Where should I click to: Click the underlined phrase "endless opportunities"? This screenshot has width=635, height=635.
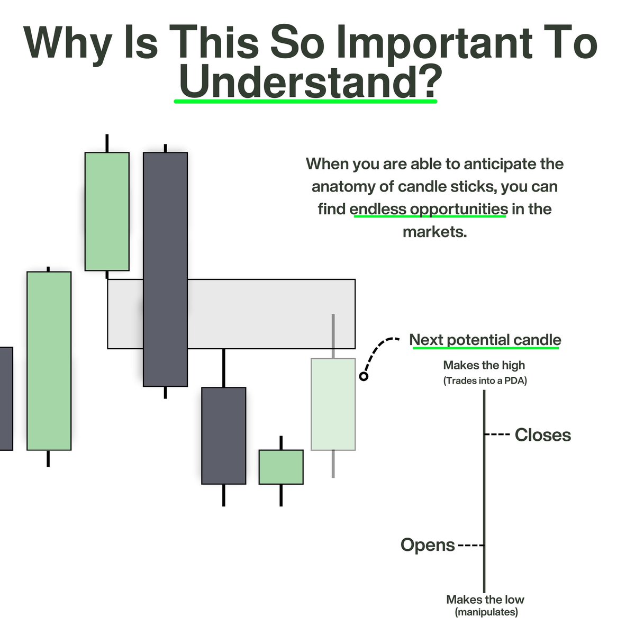[x=429, y=209]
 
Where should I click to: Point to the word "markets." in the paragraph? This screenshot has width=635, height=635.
[x=434, y=232]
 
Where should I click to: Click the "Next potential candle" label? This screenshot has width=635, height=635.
[x=485, y=340]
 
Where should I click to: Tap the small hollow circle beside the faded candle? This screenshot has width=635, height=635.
[x=364, y=376]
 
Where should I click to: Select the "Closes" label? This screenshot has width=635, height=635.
[x=543, y=435]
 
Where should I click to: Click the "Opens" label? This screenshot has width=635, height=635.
[x=428, y=545]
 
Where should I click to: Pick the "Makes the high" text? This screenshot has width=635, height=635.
[x=484, y=365]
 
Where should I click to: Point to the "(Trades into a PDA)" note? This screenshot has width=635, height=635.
[x=485, y=380]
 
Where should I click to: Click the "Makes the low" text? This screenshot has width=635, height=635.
[x=485, y=600]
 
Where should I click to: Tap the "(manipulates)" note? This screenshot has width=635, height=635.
[x=486, y=613]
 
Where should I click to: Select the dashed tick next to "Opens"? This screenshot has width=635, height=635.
[x=470, y=545]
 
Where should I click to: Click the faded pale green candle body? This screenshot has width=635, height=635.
[x=333, y=404]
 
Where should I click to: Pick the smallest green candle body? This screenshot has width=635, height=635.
[x=281, y=467]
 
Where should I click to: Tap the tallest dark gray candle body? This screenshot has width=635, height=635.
[x=165, y=269]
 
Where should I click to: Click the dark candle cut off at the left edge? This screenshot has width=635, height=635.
[x=6, y=398]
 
